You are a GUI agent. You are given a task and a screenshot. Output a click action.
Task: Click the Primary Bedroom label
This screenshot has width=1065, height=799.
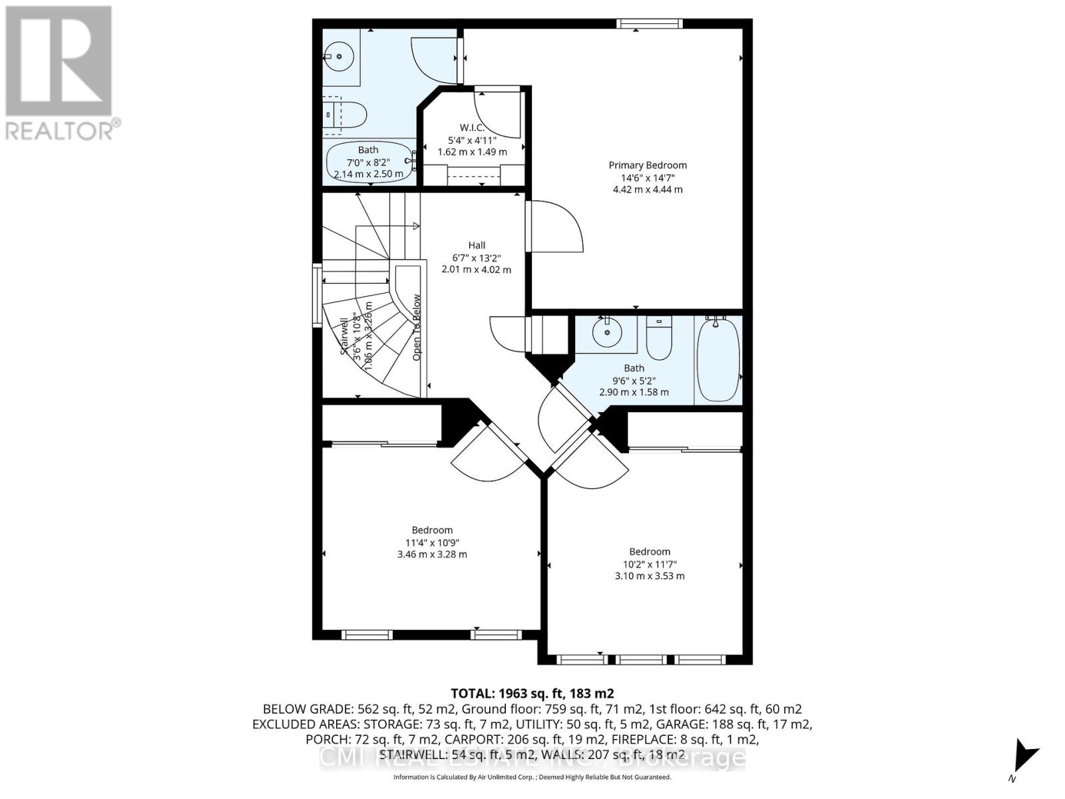tap(647, 165)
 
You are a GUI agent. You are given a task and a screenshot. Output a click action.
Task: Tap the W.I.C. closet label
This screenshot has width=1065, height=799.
tap(471, 128)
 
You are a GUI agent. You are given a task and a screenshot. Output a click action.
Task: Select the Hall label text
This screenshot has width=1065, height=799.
tap(477, 245)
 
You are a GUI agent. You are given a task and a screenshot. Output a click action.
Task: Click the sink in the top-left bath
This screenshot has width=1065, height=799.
tap(340, 56)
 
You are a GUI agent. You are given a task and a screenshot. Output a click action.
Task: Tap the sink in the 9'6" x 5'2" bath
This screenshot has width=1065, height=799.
tap(606, 333)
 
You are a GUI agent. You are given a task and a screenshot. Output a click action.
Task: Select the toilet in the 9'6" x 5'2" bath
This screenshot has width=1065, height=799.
tap(660, 338)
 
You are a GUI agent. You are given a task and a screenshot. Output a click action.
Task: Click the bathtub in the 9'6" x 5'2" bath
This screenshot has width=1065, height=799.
tap(717, 360)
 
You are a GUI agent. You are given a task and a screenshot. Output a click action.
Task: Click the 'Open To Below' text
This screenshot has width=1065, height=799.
tap(417, 328)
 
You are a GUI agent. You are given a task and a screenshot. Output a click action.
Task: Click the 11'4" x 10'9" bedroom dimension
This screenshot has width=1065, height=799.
tap(432, 543)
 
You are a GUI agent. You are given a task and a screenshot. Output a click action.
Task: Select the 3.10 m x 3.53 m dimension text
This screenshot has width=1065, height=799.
tap(650, 576)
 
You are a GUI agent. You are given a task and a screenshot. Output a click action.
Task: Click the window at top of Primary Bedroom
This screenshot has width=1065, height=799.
tap(649, 24)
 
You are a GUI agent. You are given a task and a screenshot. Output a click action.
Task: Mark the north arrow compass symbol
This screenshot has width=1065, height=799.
tap(1022, 758)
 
